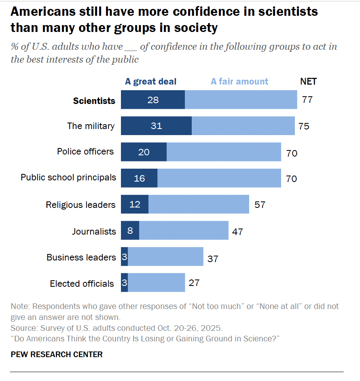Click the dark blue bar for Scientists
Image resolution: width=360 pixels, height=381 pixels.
tap(153, 100)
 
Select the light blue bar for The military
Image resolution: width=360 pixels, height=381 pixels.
tap(243, 126)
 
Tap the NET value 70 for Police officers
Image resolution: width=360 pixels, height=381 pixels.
tap(292, 153)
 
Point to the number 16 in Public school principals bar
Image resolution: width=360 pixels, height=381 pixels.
tap(139, 178)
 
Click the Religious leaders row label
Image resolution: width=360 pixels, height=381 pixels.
tap(80, 205)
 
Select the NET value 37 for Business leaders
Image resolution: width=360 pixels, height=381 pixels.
tap(213, 258)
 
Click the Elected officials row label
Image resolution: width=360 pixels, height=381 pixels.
tap(82, 284)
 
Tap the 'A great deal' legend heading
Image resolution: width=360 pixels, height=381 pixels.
tap(150, 82)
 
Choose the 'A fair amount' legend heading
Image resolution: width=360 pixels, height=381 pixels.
tap(239, 82)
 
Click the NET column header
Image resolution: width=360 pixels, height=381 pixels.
tap(308, 82)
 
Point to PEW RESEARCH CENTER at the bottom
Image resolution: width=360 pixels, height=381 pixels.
tap(57, 355)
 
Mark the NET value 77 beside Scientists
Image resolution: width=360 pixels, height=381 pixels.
tap(307, 99)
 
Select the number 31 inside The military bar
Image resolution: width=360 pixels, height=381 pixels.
tap(157, 126)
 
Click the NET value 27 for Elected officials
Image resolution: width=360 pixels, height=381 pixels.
tap(194, 282)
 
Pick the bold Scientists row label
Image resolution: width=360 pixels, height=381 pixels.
tap(94, 101)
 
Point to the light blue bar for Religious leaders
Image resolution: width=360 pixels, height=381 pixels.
tap(199, 205)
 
